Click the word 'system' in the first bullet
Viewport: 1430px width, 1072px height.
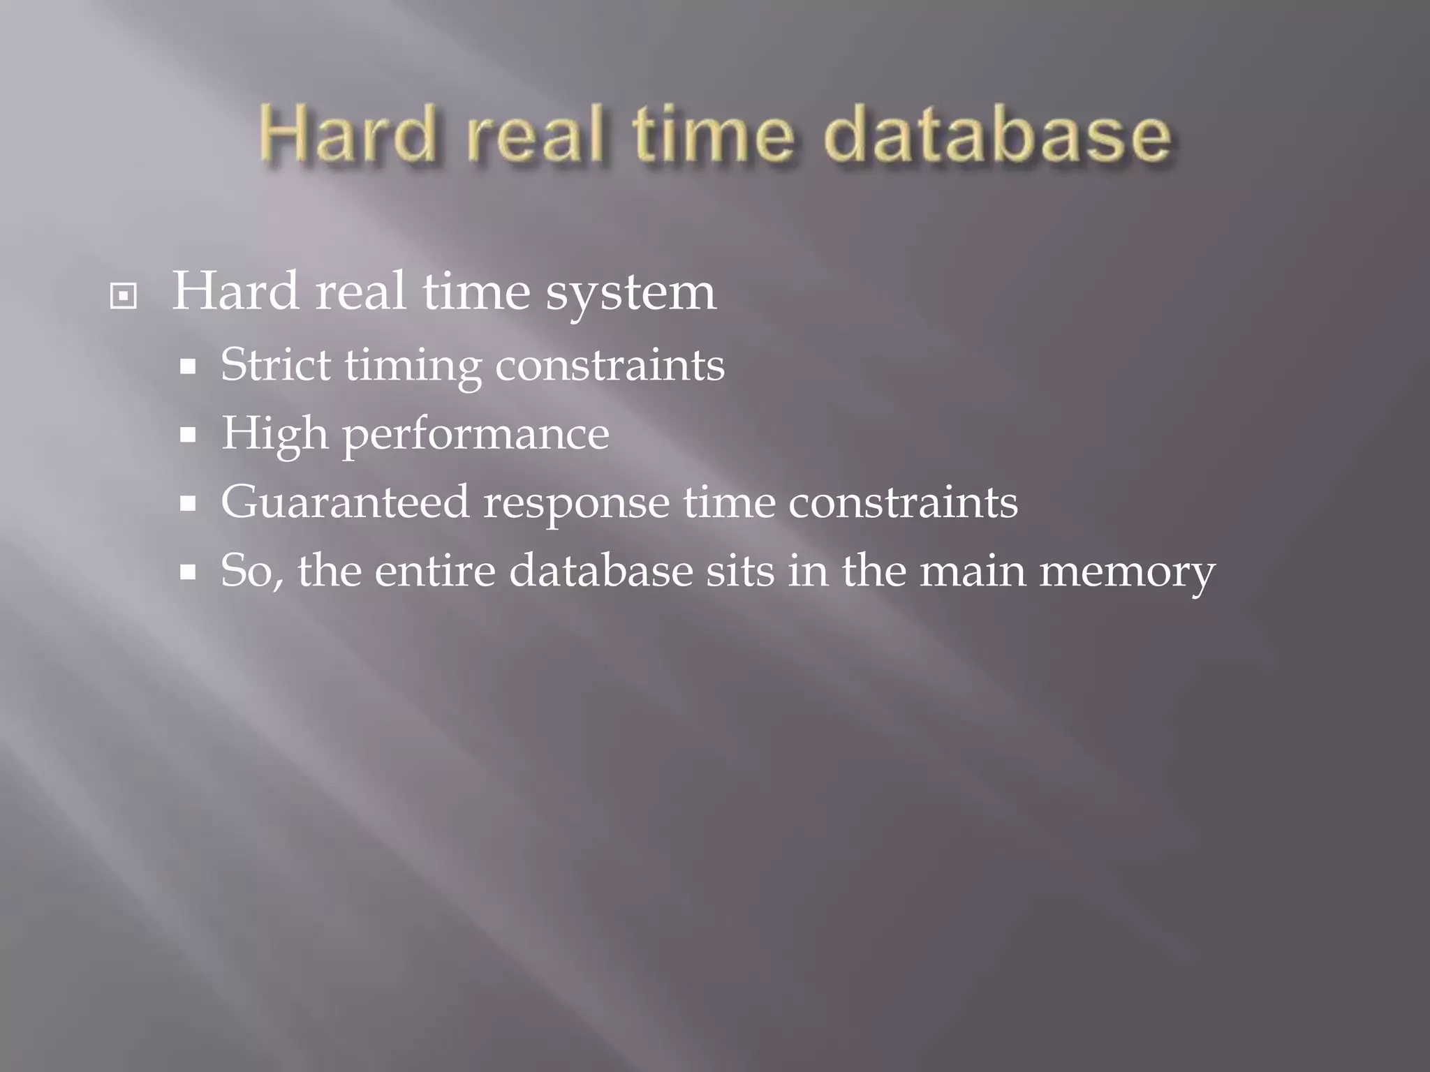631,293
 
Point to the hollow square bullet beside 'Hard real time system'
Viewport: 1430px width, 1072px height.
124,297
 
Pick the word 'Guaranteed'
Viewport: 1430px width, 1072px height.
345,501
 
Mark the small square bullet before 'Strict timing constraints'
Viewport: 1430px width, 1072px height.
187,367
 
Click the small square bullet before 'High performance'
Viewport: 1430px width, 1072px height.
187,436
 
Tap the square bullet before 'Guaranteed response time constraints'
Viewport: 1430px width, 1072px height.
187,504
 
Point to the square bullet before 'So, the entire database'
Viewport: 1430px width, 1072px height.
187,573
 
